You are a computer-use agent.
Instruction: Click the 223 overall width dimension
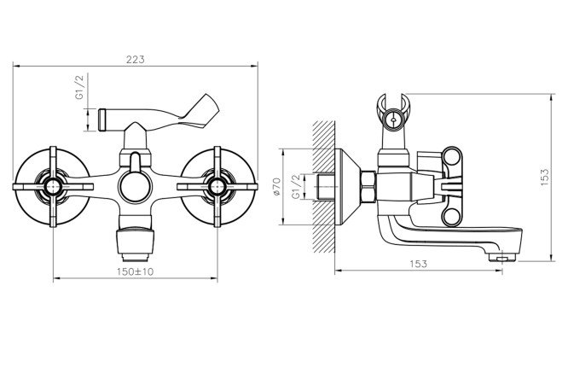[136, 60]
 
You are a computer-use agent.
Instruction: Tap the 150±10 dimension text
[136, 271]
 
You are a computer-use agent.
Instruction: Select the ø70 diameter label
[277, 186]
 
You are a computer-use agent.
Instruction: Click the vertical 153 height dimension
[545, 178]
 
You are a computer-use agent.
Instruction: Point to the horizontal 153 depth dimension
[419, 264]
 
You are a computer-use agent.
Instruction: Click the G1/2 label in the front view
[79, 87]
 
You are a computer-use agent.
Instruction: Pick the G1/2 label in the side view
[296, 186]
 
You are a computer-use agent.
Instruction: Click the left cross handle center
[53, 187]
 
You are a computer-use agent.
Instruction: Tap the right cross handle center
[217, 187]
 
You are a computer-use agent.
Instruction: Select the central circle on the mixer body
[135, 187]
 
